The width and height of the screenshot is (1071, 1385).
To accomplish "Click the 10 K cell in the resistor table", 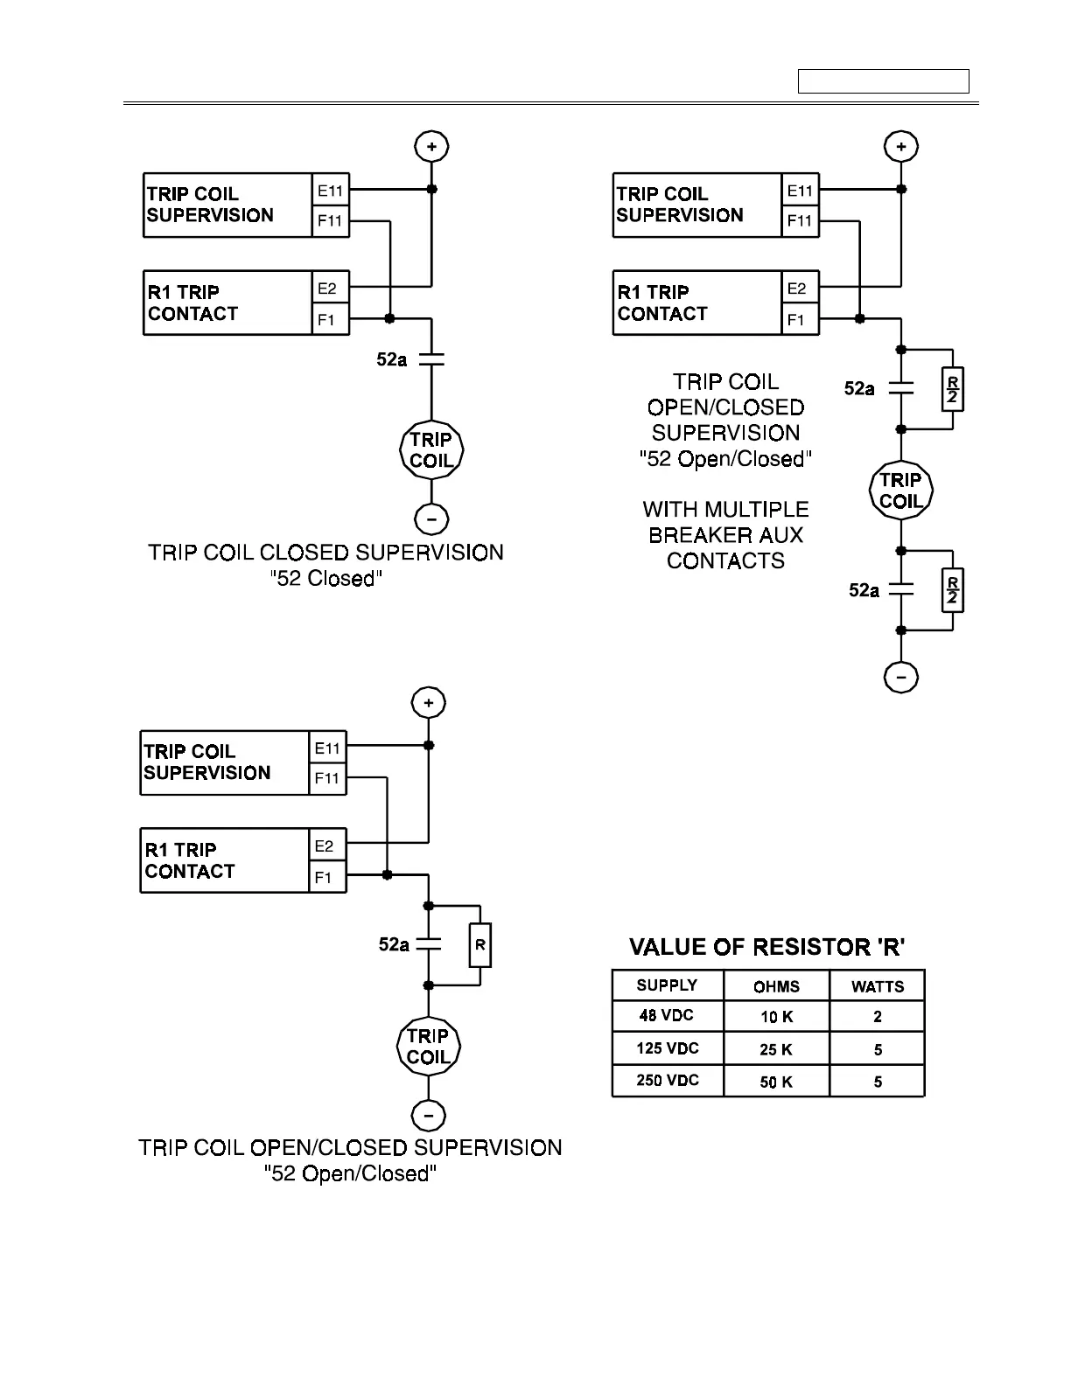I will click(776, 1018).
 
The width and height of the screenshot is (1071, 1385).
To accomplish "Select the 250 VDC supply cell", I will click(668, 1081).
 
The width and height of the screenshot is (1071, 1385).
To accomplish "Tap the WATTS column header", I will click(877, 986).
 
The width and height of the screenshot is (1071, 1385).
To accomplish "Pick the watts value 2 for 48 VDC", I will click(877, 1018).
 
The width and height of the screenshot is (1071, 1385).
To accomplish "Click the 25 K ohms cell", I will click(776, 1050).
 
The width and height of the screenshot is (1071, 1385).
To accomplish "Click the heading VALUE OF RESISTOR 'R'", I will click(767, 947).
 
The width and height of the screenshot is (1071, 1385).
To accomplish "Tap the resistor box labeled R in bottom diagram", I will click(480, 945).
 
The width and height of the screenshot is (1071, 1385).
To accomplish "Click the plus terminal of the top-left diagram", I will click(431, 146).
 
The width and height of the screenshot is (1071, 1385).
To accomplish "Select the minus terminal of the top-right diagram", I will click(901, 677).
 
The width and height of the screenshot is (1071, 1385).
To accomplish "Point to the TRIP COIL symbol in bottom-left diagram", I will click(428, 1047).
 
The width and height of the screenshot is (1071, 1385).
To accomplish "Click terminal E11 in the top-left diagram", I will click(331, 191).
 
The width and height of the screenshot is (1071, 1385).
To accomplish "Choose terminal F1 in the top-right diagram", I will click(796, 320).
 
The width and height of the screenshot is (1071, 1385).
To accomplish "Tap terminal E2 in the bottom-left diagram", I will click(325, 846).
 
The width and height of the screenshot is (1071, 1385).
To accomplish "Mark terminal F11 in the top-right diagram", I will click(800, 221).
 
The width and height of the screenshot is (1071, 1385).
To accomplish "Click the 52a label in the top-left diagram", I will click(391, 358).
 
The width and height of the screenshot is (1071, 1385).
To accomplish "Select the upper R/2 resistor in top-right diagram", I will click(951, 390).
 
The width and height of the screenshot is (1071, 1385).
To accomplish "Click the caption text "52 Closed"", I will click(325, 579).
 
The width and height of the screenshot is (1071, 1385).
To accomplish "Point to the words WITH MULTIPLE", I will click(725, 510).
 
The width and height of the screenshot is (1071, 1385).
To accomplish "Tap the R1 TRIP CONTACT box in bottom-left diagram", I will click(225, 860).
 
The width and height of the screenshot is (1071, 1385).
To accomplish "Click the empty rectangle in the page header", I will click(883, 81).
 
